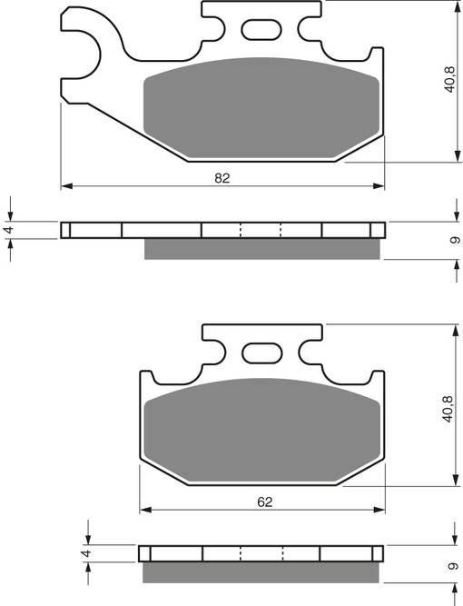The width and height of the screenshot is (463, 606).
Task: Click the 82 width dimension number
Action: click(222, 178)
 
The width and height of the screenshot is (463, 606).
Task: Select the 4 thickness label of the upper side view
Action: click(9, 230)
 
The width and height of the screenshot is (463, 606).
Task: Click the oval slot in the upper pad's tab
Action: click(261, 29)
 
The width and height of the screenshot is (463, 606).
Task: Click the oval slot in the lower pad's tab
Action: click(261, 352)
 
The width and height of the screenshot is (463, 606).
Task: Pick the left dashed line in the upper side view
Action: click(241, 230)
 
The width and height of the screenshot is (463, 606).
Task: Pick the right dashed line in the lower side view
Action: click(283, 552)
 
